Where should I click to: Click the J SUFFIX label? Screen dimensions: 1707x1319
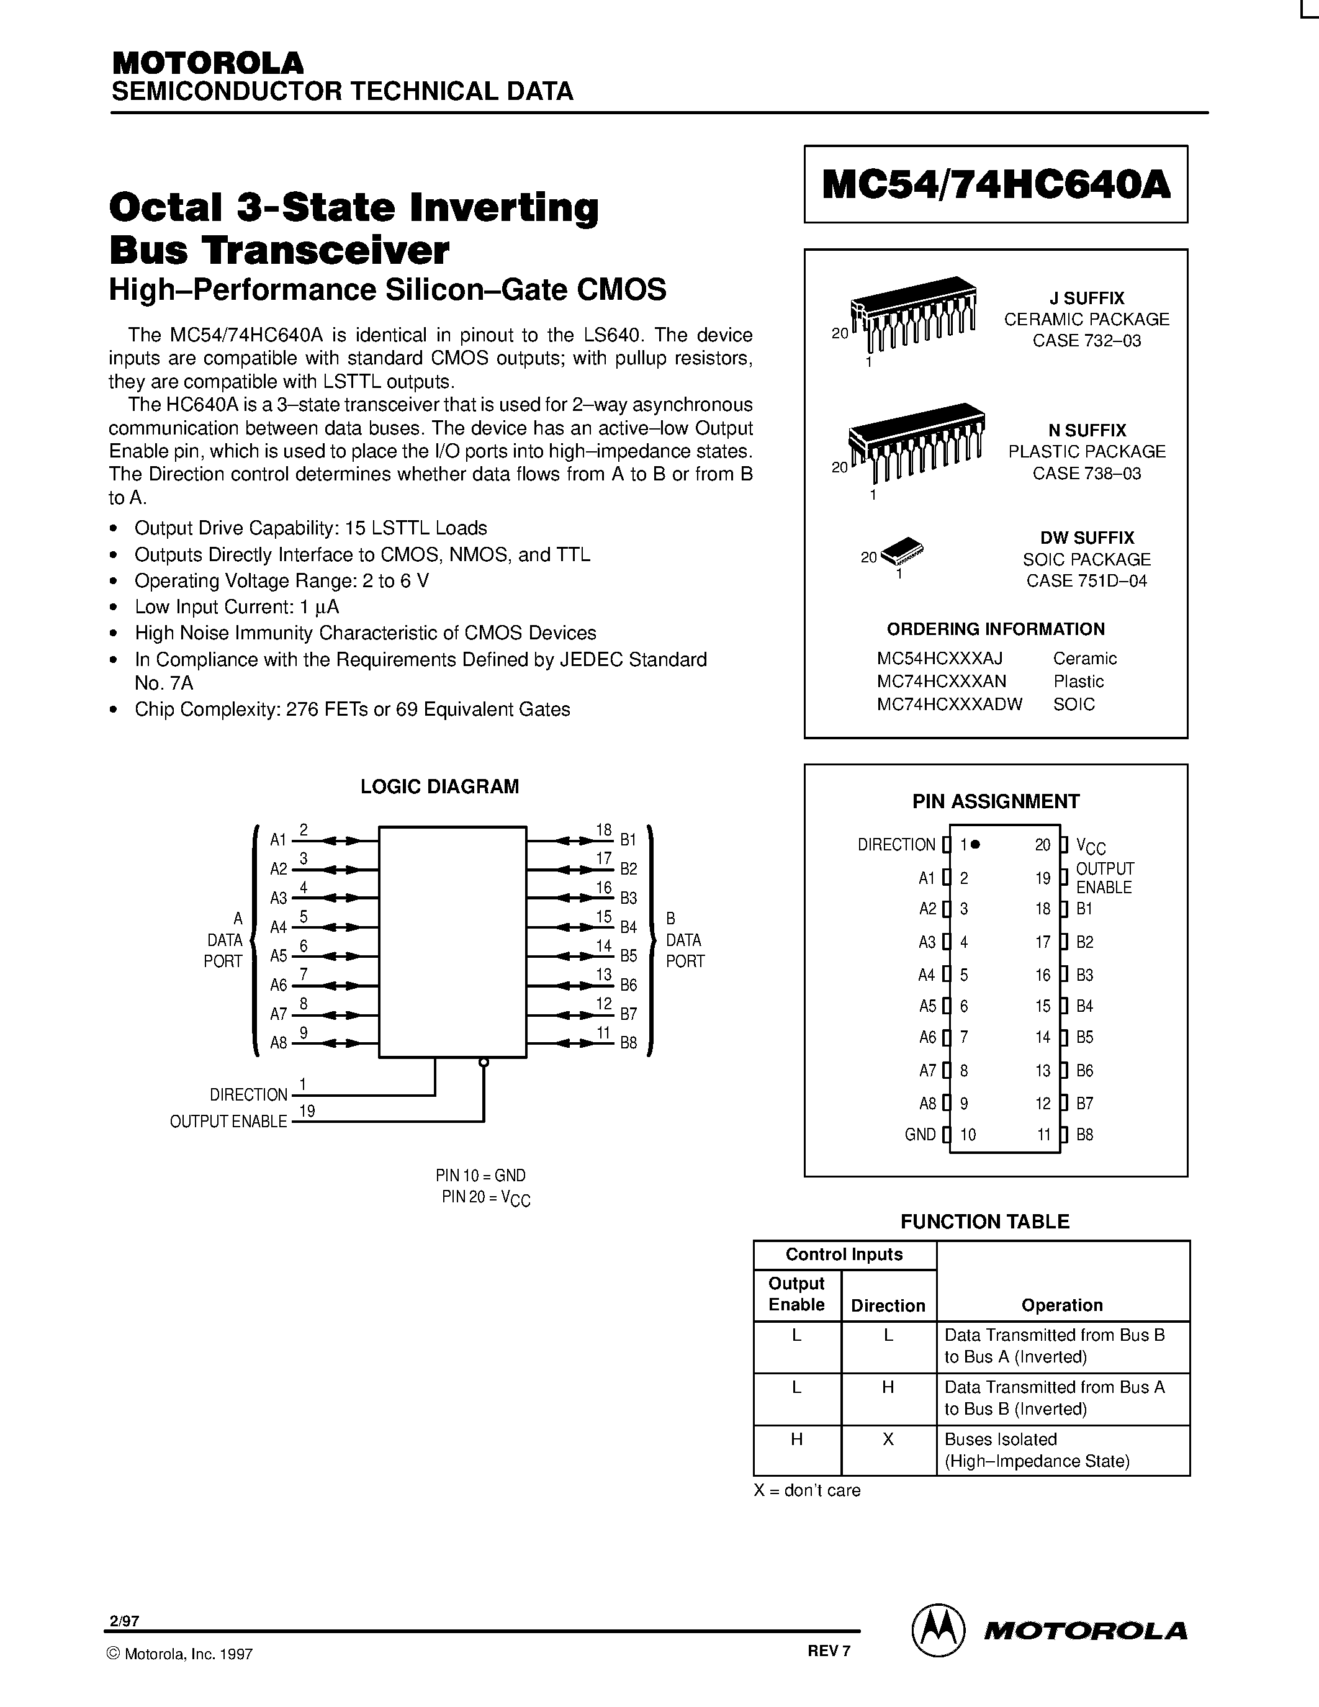tap(1086, 299)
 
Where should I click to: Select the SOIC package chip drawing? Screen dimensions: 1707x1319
tap(903, 552)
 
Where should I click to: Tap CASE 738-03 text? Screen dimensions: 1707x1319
tap(1086, 474)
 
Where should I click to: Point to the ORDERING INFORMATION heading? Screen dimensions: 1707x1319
tap(996, 629)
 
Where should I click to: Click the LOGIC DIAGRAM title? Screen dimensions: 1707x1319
tap(439, 787)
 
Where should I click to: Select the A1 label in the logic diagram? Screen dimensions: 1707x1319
tap(278, 840)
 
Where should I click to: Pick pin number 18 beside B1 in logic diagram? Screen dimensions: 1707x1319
tap(603, 830)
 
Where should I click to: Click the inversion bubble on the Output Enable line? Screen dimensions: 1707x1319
tap(484, 1062)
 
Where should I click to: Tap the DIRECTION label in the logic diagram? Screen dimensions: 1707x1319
tap(248, 1095)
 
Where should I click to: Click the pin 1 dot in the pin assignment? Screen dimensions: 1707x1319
tap(976, 844)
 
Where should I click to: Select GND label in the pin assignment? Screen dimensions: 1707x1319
tap(920, 1135)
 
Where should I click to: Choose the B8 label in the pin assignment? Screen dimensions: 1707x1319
tap(1084, 1135)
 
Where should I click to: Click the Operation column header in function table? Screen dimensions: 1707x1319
tap(1062, 1305)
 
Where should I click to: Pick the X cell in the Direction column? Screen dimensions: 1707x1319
tap(888, 1439)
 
